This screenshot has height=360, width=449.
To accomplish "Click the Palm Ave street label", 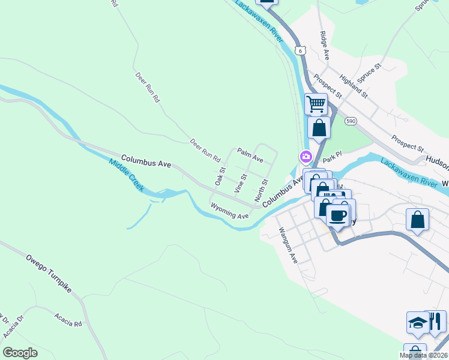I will [250, 155].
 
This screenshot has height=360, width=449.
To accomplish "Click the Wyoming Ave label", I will [229, 211].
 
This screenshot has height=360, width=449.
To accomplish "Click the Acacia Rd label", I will [68, 319].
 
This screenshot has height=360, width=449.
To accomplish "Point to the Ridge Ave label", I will [325, 46].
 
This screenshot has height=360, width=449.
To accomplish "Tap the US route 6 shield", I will [300, 49].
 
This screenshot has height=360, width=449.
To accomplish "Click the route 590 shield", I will [351, 121].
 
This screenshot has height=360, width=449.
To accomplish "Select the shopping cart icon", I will [316, 104].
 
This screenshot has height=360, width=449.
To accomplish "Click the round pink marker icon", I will [306, 158].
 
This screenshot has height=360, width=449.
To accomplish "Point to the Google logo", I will [20, 353].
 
